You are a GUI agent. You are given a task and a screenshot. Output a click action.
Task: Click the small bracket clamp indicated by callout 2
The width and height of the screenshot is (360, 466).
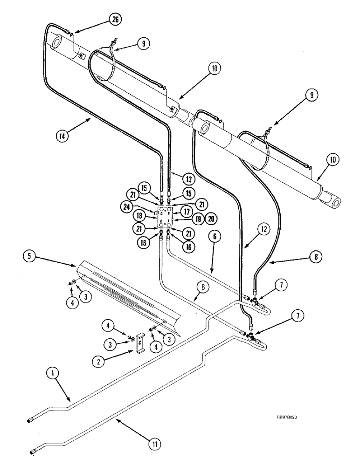[x=139, y=345]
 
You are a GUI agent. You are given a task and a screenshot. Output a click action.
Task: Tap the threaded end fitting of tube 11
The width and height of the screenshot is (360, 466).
[x=35, y=451]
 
